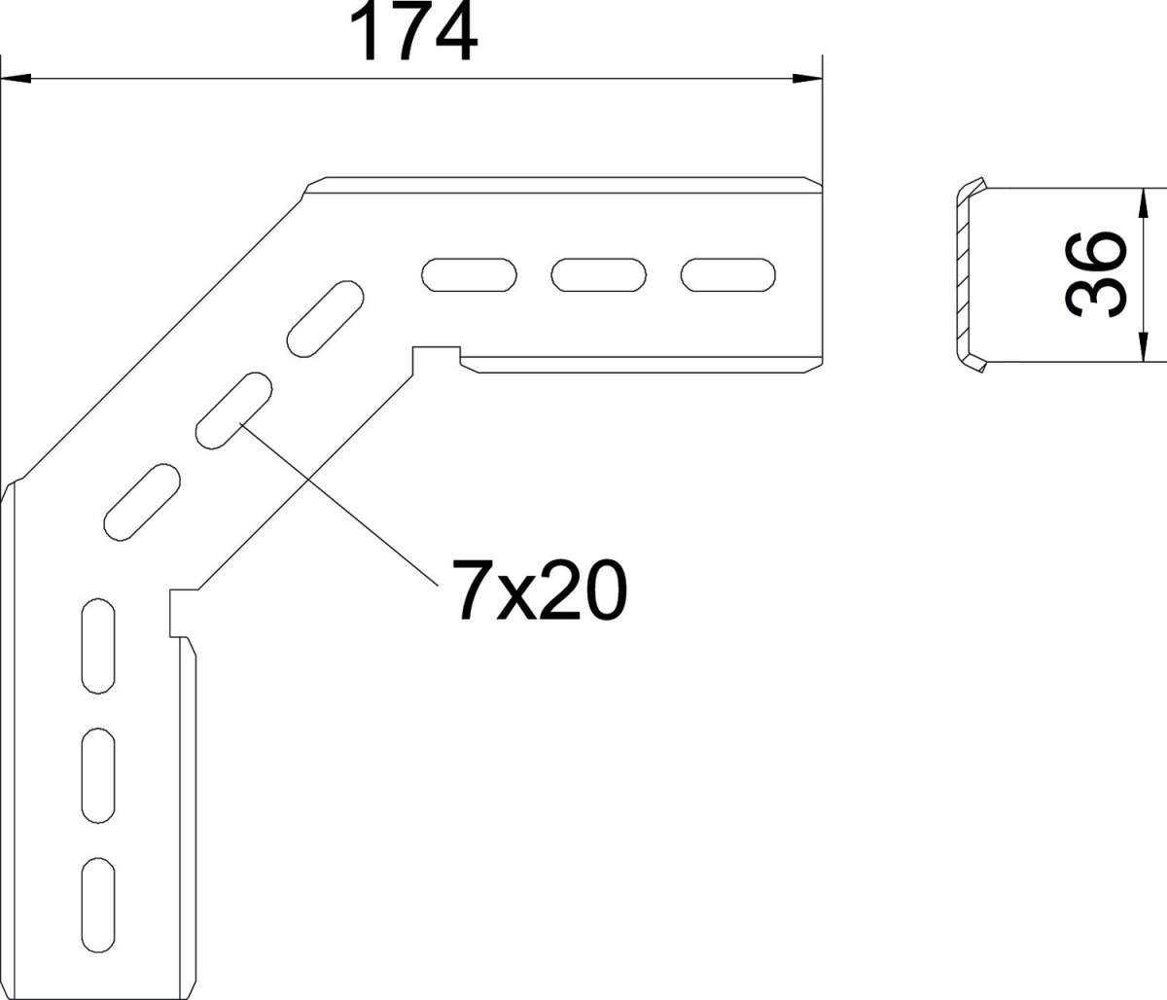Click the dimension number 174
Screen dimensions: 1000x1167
click(x=413, y=33)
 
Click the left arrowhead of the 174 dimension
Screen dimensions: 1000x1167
click(x=18, y=78)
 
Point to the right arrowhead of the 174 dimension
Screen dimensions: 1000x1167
click(x=807, y=78)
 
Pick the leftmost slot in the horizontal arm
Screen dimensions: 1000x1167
click(x=470, y=275)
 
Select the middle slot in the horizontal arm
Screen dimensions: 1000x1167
click(x=598, y=275)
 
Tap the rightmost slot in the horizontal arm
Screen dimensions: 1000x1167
click(x=727, y=275)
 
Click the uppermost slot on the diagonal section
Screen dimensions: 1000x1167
click(x=326, y=317)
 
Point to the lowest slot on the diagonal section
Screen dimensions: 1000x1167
click(x=143, y=502)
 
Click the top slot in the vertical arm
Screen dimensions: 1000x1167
click(x=98, y=646)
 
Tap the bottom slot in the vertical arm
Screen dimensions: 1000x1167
click(x=98, y=904)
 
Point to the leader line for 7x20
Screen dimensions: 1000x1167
click(x=340, y=502)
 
